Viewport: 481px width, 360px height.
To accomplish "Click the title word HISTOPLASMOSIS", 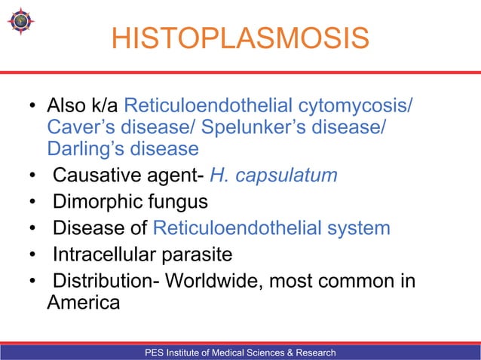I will coord(240,38).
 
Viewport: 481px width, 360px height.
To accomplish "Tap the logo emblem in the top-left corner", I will coord(20,23).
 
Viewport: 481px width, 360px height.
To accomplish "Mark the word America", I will coord(83,303).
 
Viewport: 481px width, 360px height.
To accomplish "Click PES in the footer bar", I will coord(157,352).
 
